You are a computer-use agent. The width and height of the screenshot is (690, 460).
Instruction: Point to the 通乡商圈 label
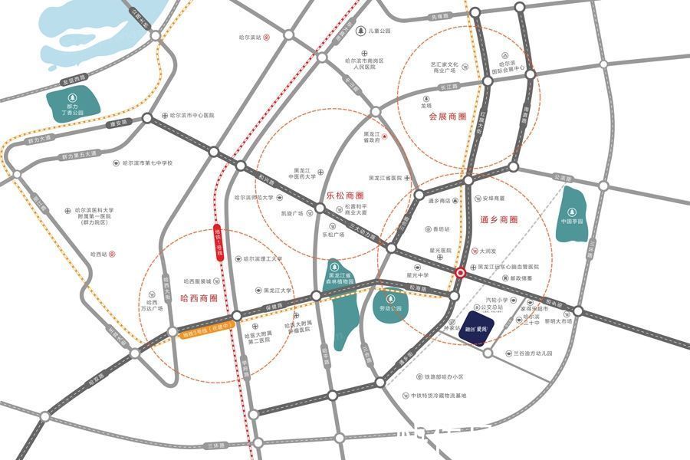(x=499, y=219)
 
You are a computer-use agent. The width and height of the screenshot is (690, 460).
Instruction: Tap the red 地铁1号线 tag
(x=217, y=243)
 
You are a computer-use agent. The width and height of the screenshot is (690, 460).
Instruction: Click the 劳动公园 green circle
(x=391, y=303)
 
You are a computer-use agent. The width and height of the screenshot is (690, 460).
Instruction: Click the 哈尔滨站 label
(x=251, y=37)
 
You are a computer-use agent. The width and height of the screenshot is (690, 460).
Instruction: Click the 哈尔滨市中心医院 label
(x=187, y=116)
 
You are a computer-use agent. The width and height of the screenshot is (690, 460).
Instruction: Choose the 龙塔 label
(x=426, y=106)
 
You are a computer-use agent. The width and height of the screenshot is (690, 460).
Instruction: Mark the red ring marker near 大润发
(x=460, y=272)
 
